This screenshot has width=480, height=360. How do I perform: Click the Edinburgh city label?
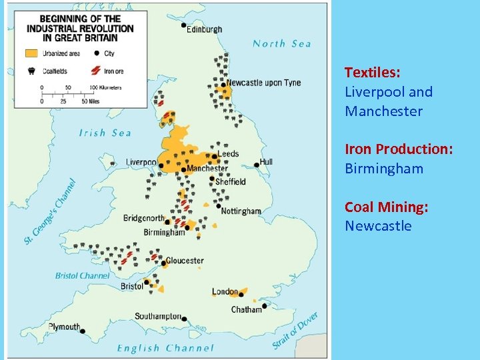[205, 29]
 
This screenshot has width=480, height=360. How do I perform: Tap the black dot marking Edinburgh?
[184, 25]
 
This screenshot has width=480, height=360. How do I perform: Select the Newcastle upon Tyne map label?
[263, 83]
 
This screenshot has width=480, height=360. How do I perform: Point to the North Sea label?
[282, 44]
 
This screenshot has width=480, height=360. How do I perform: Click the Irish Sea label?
[105, 133]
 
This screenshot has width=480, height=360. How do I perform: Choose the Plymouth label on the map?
[65, 327]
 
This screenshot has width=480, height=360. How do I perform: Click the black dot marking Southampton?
[185, 319]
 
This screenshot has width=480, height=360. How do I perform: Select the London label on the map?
[225, 292]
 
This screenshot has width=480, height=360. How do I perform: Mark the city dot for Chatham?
[265, 306]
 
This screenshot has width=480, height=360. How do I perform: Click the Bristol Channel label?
[83, 275]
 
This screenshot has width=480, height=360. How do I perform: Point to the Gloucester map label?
[185, 261]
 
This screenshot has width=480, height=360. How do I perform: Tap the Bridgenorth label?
[143, 218]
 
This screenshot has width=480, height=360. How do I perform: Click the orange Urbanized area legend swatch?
[32, 53]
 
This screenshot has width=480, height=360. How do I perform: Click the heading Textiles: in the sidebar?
[372, 72]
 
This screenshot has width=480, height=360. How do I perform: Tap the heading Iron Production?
[399, 149]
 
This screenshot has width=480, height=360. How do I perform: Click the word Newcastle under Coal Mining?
[378, 226]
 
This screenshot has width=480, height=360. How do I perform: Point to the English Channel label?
[165, 348]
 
